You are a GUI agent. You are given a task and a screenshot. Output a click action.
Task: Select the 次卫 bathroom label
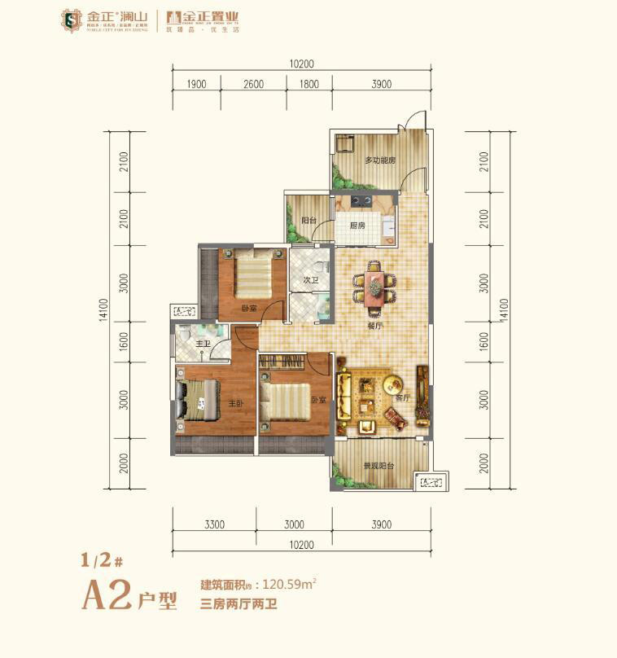point(309,281)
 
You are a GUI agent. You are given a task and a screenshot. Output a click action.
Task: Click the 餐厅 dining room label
point(375,326)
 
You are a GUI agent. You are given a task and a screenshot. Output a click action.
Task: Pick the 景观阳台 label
point(379,466)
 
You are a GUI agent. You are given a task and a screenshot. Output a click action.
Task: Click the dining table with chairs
point(374,286)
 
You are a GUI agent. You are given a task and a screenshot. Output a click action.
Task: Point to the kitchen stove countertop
point(361,200)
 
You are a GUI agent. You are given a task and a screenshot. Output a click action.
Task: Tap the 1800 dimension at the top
point(308,84)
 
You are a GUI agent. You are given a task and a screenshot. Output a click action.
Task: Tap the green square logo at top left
point(72,20)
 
